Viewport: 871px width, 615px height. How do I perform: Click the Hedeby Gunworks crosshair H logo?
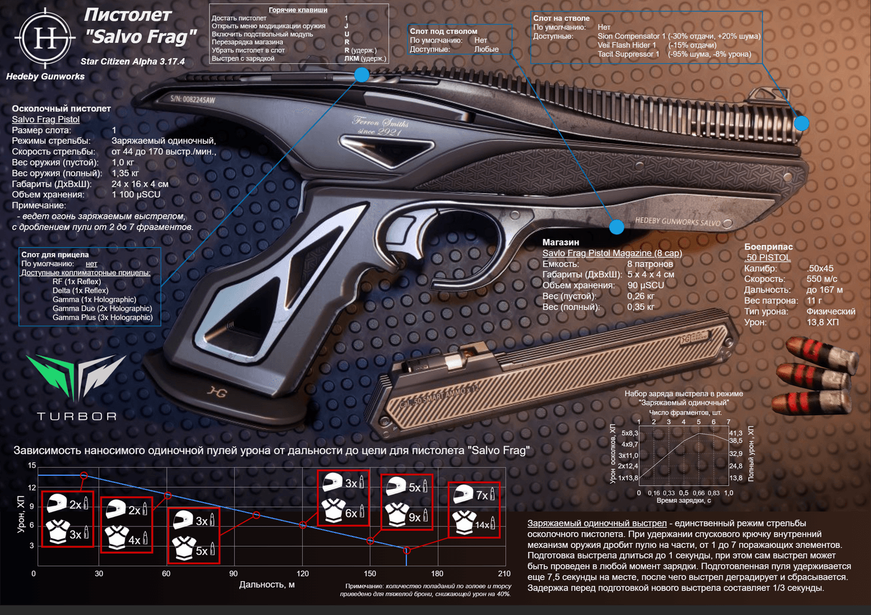point(45,38)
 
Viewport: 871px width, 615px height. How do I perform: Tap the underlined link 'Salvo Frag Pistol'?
point(46,120)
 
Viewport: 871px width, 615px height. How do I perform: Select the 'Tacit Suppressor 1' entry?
point(628,54)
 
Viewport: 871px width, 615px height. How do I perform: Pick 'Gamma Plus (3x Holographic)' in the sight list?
point(102,318)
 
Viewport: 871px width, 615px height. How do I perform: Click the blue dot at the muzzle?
point(801,123)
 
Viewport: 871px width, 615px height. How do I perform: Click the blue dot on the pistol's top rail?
point(362,75)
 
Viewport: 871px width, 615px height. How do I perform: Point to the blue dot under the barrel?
point(616,227)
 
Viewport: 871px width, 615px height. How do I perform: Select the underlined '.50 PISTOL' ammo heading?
point(767,258)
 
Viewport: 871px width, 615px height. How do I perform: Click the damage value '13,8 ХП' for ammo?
point(823,322)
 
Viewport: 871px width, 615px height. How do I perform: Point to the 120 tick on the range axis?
point(303,573)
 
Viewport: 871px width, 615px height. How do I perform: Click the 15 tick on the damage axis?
point(32,466)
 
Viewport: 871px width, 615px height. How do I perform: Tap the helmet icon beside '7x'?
point(462,494)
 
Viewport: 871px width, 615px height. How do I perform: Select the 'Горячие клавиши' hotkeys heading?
point(298,10)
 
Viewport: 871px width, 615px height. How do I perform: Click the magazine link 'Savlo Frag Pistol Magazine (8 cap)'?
point(612,253)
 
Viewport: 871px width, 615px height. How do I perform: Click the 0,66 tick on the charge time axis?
point(698,493)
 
